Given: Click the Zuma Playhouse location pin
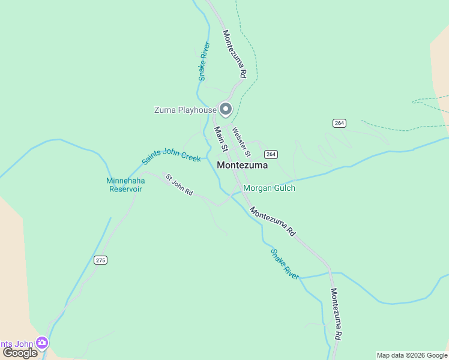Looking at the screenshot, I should pyautogui.click(x=226, y=109).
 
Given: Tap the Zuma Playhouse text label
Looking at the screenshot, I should pyautogui.click(x=185, y=110).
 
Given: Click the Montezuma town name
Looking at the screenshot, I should pyautogui.click(x=242, y=165).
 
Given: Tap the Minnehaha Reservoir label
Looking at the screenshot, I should pyautogui.click(x=124, y=184).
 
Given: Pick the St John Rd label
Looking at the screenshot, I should pyautogui.click(x=179, y=185).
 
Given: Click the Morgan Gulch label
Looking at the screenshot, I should pyautogui.click(x=269, y=188).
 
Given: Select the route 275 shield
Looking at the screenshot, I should pyautogui.click(x=100, y=260).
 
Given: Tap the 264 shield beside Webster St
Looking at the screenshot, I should pyautogui.click(x=271, y=154).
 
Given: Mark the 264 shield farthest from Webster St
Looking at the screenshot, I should pyautogui.click(x=339, y=123).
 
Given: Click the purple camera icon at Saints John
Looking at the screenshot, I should pyautogui.click(x=41, y=343).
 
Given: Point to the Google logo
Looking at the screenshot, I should pyautogui.click(x=20, y=353).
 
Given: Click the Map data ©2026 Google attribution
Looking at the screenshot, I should pyautogui.click(x=412, y=355).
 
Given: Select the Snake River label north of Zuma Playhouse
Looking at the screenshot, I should pyautogui.click(x=204, y=61).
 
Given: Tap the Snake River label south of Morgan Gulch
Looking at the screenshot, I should pyautogui.click(x=285, y=264).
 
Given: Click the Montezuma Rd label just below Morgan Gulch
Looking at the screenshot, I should pyautogui.click(x=273, y=221).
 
